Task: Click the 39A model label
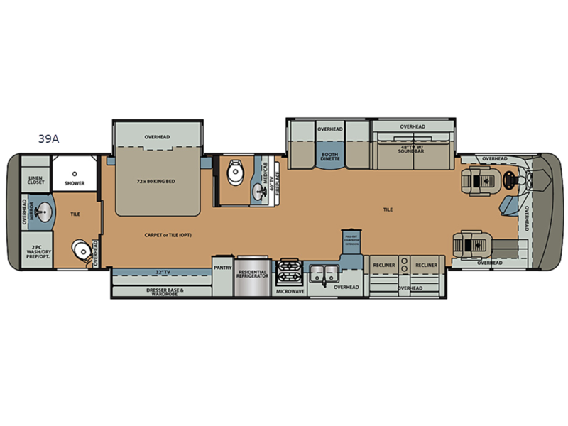point(49,139)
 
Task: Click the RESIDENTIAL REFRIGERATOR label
point(253,274)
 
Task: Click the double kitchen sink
point(324,270)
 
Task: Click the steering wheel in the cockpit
point(508,180)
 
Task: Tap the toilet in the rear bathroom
point(83,249)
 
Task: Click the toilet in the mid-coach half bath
point(234,173)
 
